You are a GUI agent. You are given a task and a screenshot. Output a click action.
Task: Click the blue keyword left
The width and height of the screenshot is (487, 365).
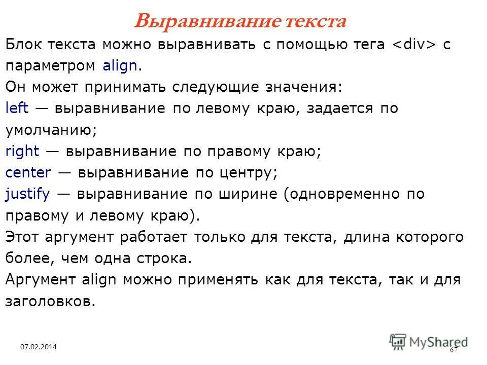(17, 108)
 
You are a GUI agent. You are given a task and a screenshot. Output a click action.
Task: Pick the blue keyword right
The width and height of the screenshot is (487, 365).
(22, 151)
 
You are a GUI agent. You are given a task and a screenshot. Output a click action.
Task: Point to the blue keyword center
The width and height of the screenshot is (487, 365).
(28, 173)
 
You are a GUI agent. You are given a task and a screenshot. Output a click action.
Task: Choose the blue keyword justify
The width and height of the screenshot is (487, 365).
(27, 194)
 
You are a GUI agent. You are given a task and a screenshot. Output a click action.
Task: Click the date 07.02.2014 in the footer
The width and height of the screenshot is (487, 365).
(39, 347)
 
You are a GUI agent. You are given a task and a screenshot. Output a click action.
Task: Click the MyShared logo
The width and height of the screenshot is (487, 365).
(429, 341)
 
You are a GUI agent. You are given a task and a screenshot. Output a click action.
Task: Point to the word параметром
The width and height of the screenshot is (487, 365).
(51, 66)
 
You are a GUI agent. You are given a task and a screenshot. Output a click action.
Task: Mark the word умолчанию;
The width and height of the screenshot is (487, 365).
(51, 130)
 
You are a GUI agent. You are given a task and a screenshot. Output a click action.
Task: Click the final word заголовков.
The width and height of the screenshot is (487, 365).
(51, 301)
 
